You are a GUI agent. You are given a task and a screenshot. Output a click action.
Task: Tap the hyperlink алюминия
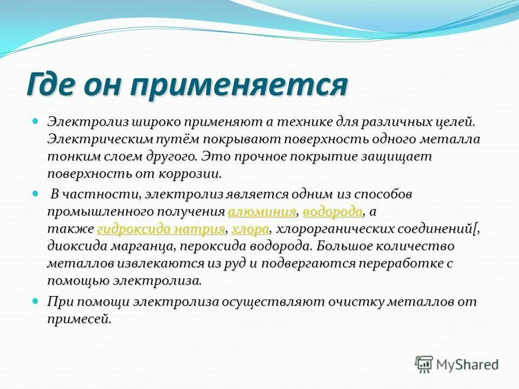click(x=262, y=211)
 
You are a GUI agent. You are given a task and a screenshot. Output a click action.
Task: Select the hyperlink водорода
click(x=332, y=211)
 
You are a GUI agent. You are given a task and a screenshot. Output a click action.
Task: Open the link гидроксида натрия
click(x=161, y=229)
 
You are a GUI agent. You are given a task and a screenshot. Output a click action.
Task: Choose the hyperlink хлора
click(x=250, y=229)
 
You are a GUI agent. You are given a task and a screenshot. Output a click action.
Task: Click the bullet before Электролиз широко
click(x=36, y=122)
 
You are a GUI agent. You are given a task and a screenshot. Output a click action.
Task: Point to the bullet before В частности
click(x=36, y=193)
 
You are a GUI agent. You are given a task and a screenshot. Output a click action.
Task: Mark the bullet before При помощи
click(x=36, y=300)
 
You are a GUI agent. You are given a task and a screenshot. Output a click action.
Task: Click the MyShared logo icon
click(x=424, y=364)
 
